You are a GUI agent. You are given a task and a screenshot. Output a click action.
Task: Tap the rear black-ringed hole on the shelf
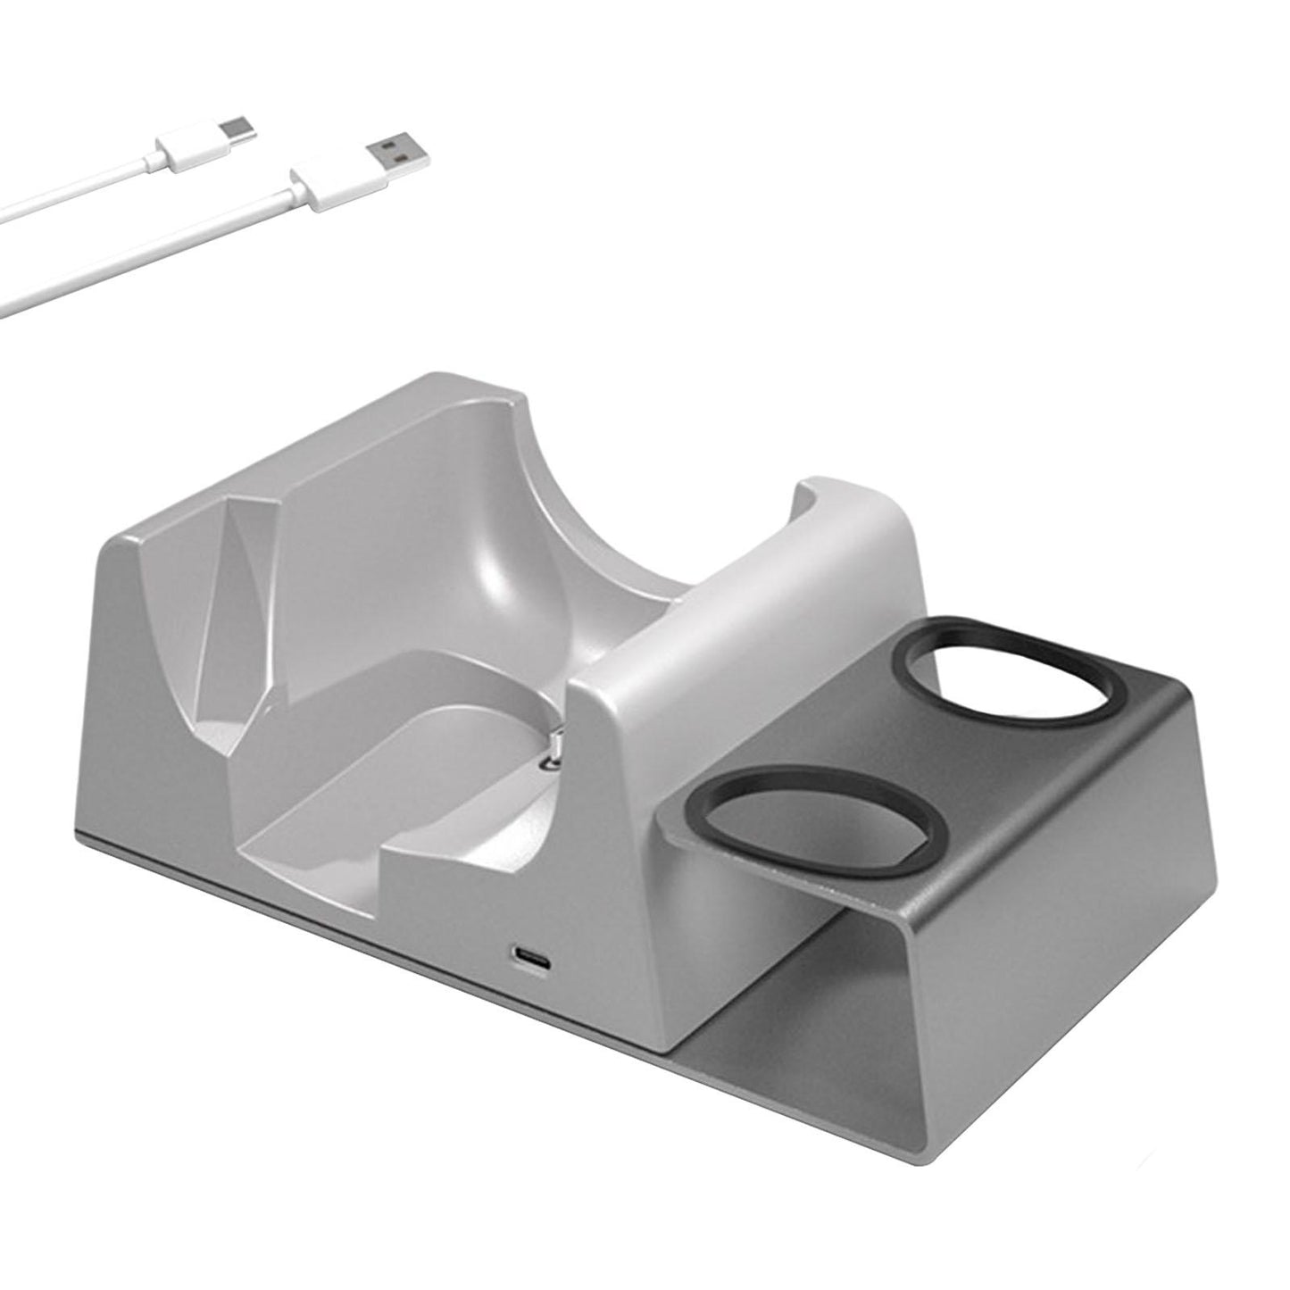1010,668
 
